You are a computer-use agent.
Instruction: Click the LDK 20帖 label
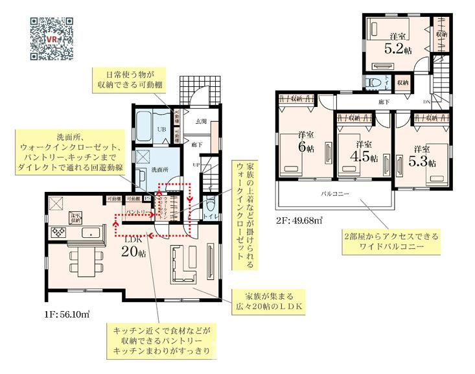(x=132, y=246)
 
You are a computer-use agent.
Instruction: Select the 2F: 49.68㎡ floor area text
(x=299, y=221)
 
